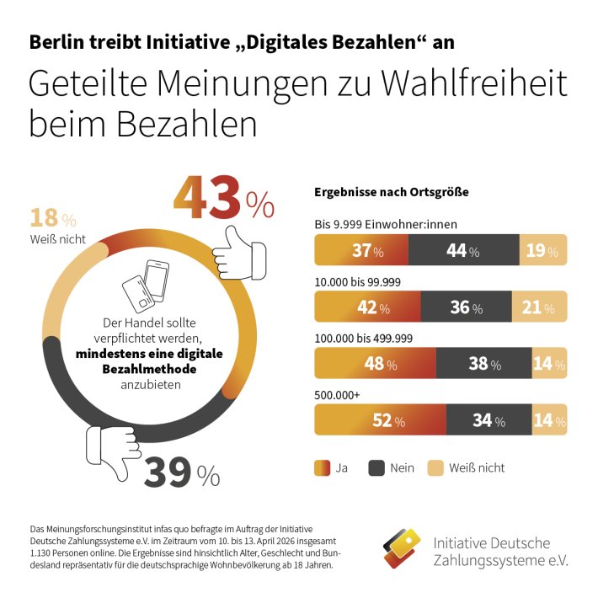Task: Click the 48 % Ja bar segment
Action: point(375,364)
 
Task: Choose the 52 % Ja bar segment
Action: point(380,420)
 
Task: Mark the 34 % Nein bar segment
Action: point(489,420)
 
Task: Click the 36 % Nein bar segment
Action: point(466,307)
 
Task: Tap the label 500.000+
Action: point(335,394)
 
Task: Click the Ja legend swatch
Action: point(321,467)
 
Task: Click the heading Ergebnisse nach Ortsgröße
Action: point(391,191)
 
